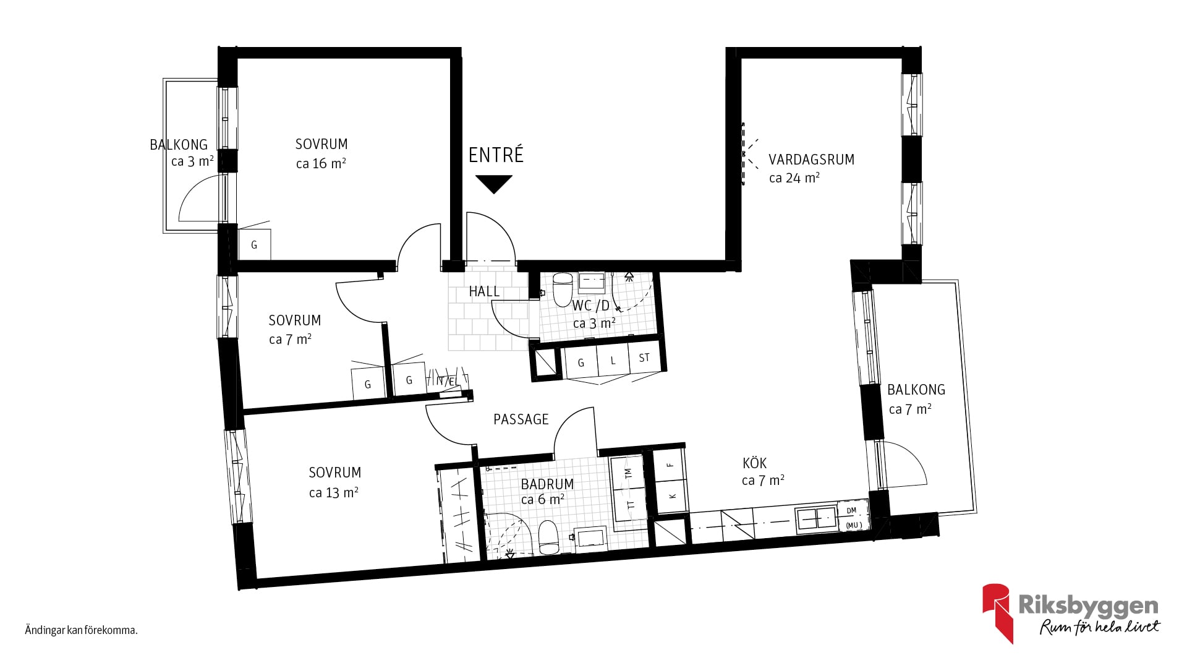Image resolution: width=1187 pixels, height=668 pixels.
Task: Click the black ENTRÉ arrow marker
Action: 494,184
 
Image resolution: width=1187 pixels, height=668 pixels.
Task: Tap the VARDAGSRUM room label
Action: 811,160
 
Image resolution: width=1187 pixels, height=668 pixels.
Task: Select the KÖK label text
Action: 754,463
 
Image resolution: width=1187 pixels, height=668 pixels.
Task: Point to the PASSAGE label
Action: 521,419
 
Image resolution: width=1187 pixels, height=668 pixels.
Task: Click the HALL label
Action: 484,291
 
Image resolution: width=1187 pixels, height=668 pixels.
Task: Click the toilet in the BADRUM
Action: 548,537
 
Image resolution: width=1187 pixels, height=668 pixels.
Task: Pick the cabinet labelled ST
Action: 645,357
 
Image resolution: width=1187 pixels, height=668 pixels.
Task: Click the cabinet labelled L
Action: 613,360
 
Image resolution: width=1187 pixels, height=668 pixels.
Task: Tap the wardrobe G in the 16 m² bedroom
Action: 254,245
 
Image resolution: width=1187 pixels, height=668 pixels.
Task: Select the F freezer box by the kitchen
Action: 670,465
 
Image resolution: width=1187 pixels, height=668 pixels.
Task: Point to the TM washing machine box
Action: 628,473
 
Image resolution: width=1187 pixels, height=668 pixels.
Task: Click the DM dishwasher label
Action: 851,510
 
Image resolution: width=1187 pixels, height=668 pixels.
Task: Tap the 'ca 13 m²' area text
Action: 333,492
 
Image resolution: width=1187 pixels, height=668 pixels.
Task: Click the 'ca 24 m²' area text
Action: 794,178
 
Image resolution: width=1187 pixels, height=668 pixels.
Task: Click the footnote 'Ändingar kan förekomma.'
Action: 81,631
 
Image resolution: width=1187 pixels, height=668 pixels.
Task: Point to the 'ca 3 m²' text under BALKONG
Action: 192,161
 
